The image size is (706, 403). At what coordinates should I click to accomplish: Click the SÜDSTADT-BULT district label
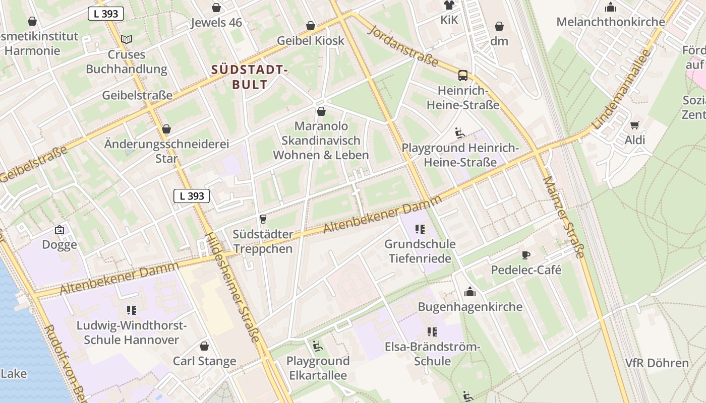pyautogui.click(x=249, y=77)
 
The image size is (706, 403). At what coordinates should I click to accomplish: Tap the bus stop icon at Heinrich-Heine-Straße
pyautogui.click(x=462, y=76)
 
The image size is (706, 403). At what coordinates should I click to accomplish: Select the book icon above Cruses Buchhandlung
pyautogui.click(x=127, y=39)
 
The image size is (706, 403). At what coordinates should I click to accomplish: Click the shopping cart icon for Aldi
pyautogui.click(x=634, y=125)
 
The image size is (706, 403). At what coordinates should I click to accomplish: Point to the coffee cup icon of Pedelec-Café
pyautogui.click(x=526, y=255)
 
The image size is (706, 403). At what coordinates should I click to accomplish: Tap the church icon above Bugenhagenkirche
pyautogui.click(x=470, y=292)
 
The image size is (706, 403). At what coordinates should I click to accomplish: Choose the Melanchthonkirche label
pyautogui.click(x=610, y=22)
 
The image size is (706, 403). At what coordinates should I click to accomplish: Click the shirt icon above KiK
pyautogui.click(x=449, y=6)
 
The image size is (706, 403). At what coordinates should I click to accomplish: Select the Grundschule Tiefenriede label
pyautogui.click(x=420, y=251)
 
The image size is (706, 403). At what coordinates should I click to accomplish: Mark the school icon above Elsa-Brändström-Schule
pyautogui.click(x=432, y=332)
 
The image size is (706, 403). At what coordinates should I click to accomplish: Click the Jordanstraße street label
pyautogui.click(x=403, y=45)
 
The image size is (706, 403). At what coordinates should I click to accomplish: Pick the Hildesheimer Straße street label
pyautogui.click(x=232, y=287)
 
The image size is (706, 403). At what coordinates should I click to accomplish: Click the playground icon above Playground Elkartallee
pyautogui.click(x=317, y=346)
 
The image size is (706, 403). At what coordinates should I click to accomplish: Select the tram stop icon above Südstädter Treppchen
pyautogui.click(x=262, y=219)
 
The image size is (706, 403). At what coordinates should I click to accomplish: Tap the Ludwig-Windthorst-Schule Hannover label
pyautogui.click(x=131, y=332)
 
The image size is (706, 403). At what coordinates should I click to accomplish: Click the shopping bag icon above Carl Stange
pyautogui.click(x=204, y=346)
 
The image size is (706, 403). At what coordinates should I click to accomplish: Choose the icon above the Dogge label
pyautogui.click(x=60, y=230)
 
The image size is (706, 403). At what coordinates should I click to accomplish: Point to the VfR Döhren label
pyautogui.click(x=657, y=363)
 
